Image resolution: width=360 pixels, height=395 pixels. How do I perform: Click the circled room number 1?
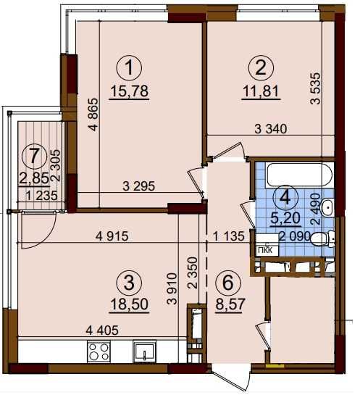point(130,67)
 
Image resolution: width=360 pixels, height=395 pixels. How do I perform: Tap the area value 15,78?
point(130,91)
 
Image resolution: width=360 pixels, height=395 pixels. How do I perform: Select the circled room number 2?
point(261,67)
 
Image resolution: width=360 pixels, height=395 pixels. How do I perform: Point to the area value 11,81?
point(261,91)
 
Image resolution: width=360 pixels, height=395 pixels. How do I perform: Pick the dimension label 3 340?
point(271,129)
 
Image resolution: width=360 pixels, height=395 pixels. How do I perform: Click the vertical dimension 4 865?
point(93,115)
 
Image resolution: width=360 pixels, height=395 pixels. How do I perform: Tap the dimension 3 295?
point(139,186)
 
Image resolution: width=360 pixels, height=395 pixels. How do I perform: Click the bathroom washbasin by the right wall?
point(328,207)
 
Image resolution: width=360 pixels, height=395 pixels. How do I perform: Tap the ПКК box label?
point(267,250)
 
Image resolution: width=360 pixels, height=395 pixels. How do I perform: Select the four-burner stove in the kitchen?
point(99,352)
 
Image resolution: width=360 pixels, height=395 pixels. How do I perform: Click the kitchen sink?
point(144,352)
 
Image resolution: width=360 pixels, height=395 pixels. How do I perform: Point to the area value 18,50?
point(130,304)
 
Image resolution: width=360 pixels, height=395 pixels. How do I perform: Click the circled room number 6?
point(228,283)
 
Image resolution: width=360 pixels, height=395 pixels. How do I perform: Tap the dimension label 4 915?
point(112,236)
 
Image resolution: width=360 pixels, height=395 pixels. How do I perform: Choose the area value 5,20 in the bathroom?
point(285,218)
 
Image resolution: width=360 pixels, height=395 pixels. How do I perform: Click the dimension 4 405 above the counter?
point(102,330)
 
